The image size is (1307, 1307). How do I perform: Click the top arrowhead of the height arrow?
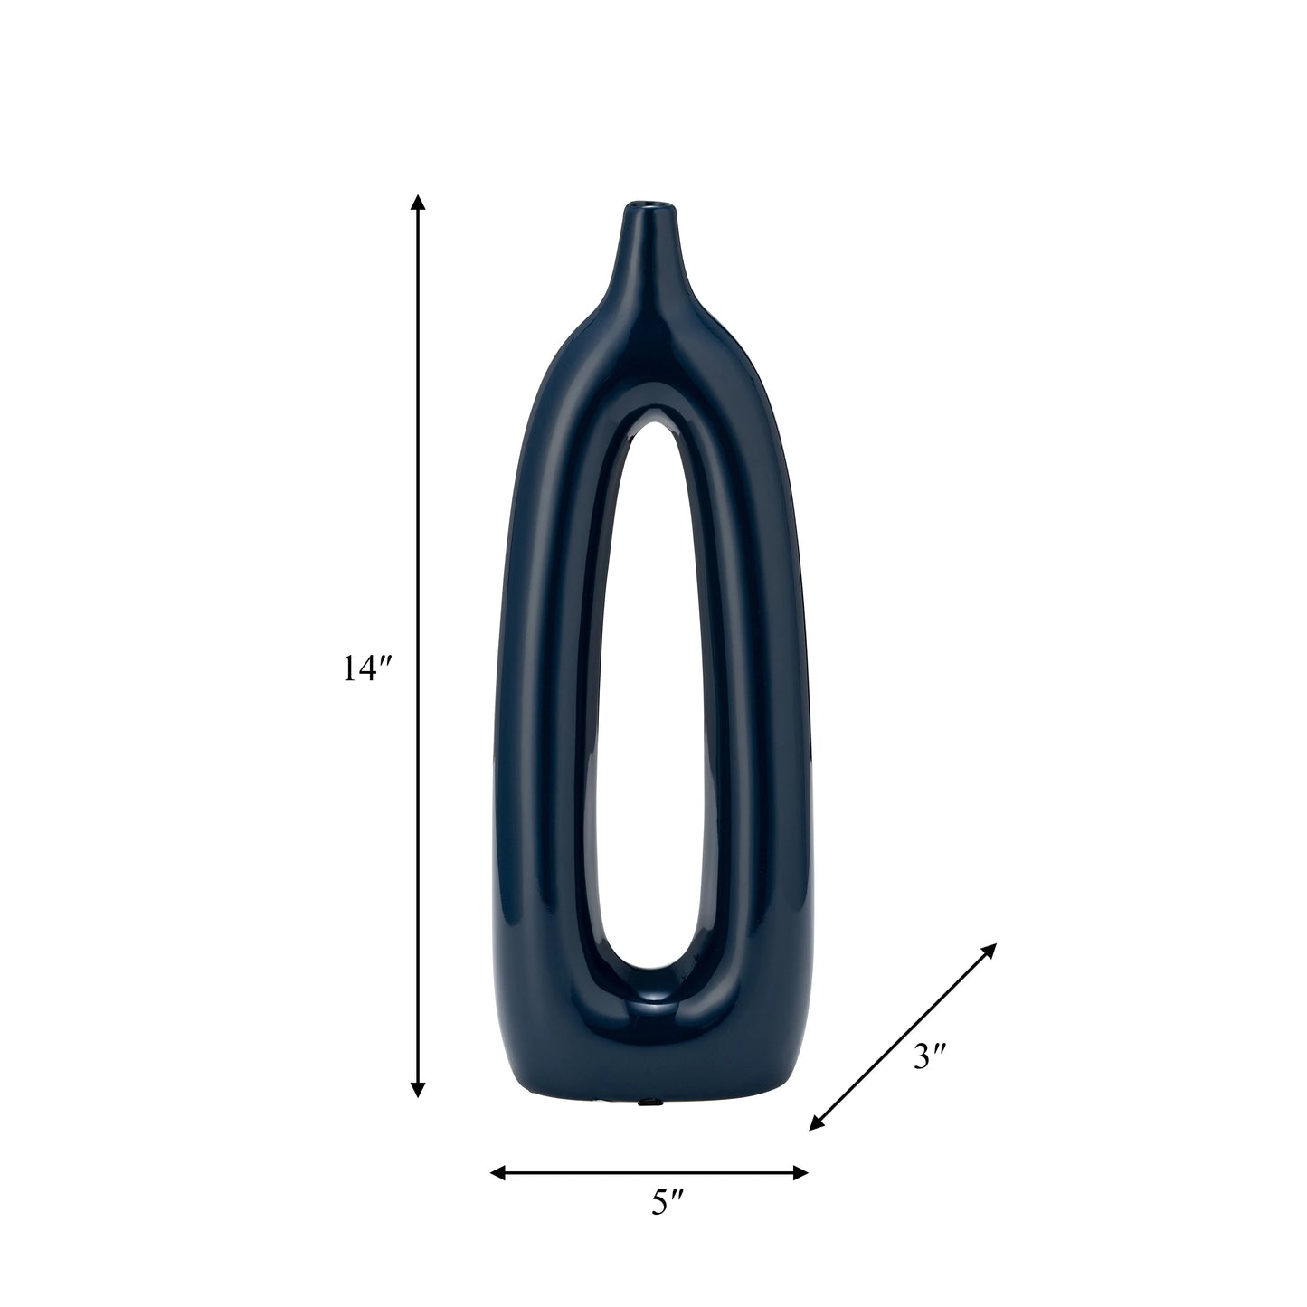click(419, 204)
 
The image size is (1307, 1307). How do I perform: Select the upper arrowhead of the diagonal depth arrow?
click(989, 951)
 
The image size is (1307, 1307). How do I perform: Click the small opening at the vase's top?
click(653, 204)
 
